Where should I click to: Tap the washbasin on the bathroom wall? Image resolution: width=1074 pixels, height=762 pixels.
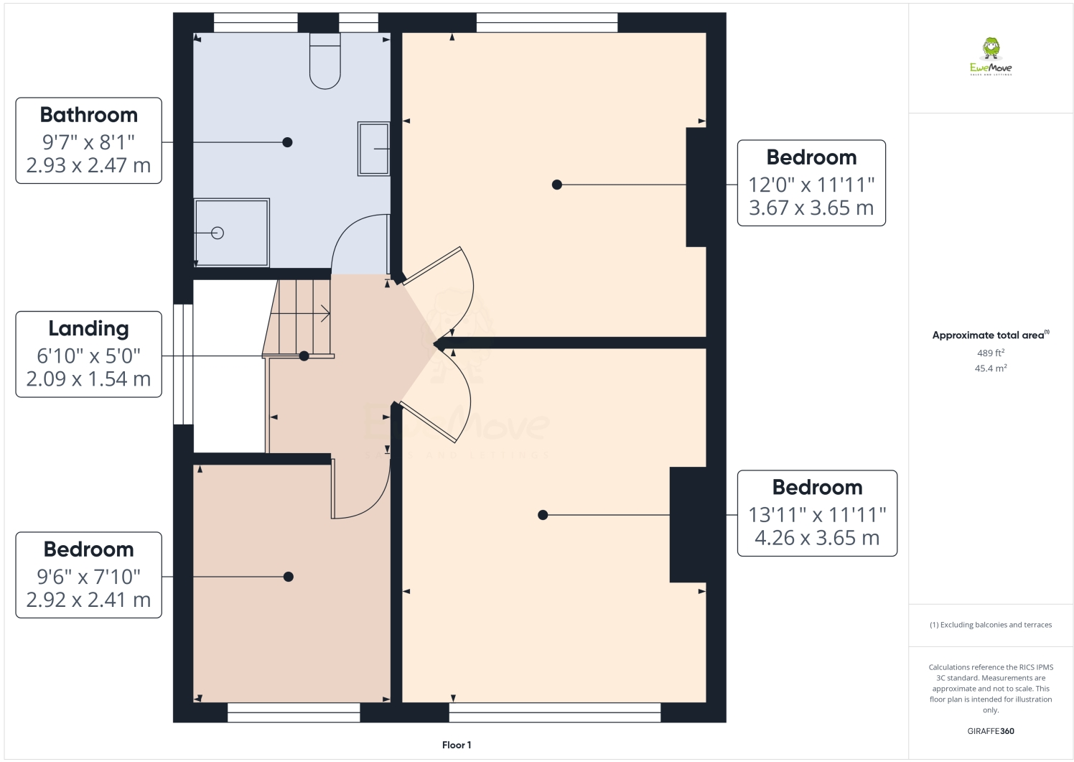tap(374, 149)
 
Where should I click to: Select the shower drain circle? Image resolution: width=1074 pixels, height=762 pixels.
tap(218, 233)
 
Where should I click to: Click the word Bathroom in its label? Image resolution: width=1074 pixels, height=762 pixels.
tap(89, 115)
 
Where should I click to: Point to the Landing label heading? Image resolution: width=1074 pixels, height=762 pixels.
tap(89, 329)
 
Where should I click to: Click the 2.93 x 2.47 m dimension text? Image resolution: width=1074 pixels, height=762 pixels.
tap(89, 165)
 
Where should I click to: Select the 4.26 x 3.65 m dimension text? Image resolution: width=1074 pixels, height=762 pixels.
tap(817, 537)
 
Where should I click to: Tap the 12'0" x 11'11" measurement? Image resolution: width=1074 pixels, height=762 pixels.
tap(811, 185)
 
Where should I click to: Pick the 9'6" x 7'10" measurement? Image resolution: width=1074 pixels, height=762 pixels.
tap(89, 576)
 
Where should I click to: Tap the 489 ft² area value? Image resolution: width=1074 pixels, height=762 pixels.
tap(991, 353)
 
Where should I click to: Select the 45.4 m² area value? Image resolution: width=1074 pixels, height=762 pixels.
tap(991, 368)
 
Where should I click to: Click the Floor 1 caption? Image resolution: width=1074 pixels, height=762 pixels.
tap(457, 745)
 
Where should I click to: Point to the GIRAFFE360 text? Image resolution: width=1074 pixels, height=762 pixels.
tap(991, 731)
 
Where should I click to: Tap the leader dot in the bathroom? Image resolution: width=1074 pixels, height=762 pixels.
tap(287, 142)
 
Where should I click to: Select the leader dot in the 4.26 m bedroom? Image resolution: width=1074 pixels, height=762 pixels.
tap(543, 515)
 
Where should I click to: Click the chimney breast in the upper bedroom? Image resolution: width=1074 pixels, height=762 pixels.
tap(696, 187)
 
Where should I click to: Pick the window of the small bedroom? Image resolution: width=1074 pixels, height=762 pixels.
tap(294, 712)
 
